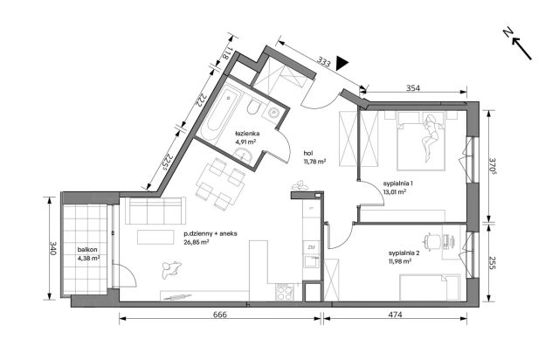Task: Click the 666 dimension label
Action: click(219, 315)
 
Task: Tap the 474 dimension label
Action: click(396, 315)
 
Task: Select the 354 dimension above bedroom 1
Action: click(413, 87)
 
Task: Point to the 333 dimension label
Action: click(323, 63)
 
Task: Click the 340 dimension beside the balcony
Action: click(53, 248)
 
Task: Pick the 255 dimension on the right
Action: click(492, 263)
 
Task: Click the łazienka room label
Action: click(247, 134)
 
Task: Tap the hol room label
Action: click(308, 153)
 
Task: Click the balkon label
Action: click(87, 250)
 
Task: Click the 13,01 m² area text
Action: click(395, 191)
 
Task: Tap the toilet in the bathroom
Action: click(254, 107)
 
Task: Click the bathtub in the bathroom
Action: click(218, 112)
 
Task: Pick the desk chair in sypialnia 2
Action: click(431, 240)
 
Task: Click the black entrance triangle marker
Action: click(342, 63)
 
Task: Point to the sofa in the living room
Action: click(155, 211)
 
